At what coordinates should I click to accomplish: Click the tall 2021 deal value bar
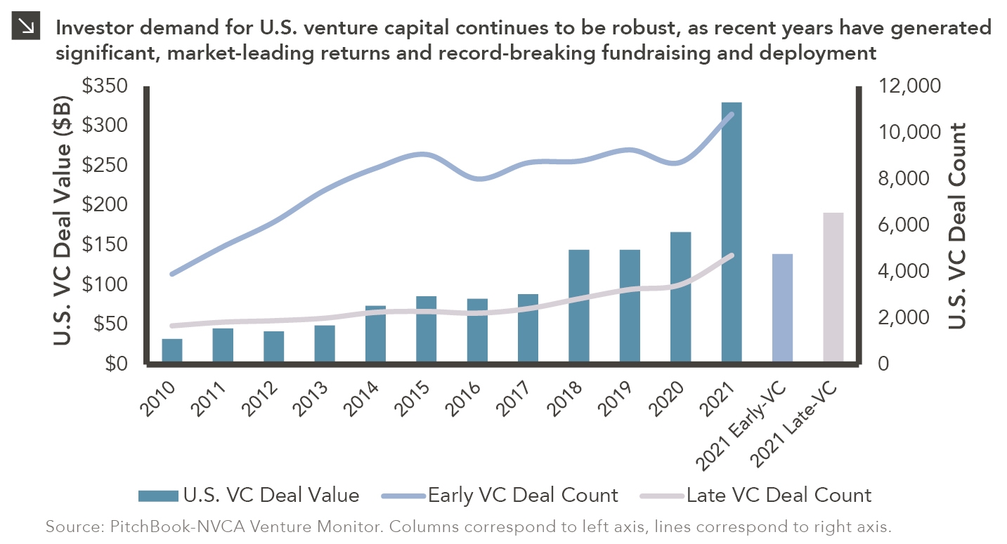[x=732, y=232]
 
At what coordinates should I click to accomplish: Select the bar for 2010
[x=172, y=351]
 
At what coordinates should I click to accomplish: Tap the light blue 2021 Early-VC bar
[x=782, y=308]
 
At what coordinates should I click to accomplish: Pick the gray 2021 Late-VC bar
[x=833, y=288]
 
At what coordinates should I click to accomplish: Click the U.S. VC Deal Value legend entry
[x=249, y=496]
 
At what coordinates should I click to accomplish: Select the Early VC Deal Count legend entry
[x=500, y=496]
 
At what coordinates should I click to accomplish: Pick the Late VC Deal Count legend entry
[x=756, y=496]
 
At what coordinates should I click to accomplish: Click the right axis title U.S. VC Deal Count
[x=956, y=225]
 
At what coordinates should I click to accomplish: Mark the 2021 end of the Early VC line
[x=732, y=114]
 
